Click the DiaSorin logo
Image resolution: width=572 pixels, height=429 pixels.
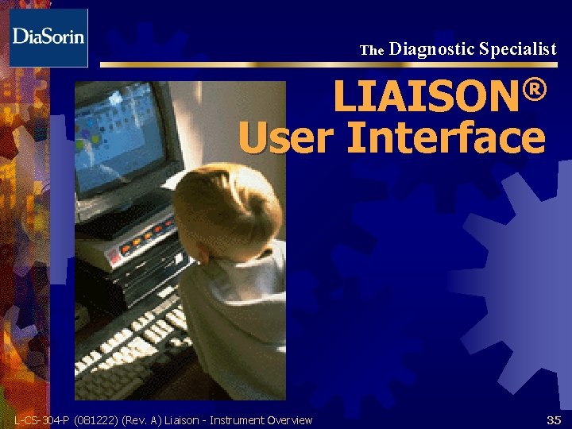pyautogui.click(x=48, y=37)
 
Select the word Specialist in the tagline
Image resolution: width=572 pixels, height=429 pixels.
pyautogui.click(x=518, y=49)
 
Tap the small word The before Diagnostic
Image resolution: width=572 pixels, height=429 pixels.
pyautogui.click(x=372, y=50)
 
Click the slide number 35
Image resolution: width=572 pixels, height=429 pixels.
pyautogui.click(x=553, y=419)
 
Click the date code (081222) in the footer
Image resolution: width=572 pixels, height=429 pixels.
pyautogui.click(x=97, y=420)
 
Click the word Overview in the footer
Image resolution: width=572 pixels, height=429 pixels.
pyautogui.click(x=290, y=420)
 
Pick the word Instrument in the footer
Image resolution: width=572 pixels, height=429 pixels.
pyautogui.click(x=237, y=420)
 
